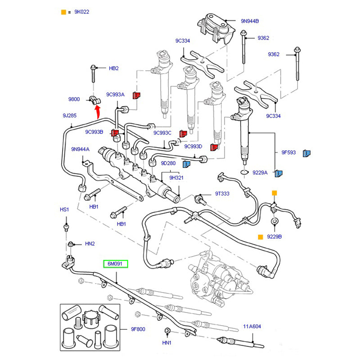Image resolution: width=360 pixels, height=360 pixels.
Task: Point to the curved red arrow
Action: pos(97,110)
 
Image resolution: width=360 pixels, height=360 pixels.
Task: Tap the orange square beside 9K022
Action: pos(63,12)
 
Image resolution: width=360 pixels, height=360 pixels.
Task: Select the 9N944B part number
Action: pos(250,21)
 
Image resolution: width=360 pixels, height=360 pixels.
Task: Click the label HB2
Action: pos(114,68)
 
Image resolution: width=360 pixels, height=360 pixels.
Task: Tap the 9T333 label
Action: pos(222,193)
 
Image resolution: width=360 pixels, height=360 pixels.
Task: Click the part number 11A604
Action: pos(252,327)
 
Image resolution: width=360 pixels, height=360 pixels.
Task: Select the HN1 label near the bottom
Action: pos(167,343)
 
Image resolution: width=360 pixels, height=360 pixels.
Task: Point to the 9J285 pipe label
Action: pos(69,116)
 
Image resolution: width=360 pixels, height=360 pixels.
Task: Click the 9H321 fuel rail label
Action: pos(176,178)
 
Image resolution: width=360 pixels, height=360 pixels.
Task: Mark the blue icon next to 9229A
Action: pos(279,173)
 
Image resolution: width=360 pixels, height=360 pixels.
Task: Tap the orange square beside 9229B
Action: pos(260,236)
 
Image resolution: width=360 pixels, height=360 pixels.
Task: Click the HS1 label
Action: pos(64,210)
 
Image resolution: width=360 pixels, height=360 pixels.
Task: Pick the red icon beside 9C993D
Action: pos(214,147)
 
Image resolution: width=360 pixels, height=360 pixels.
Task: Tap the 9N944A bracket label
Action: pos(80,149)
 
